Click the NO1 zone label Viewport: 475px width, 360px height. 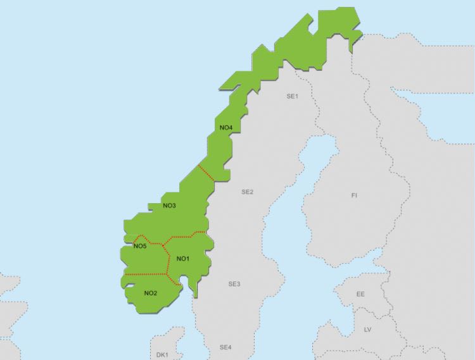coord(182,258)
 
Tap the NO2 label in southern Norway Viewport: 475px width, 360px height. coord(150,292)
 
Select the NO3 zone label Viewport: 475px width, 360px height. coord(169,206)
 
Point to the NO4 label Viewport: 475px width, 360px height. coord(226,128)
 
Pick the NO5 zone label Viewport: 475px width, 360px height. coord(140,246)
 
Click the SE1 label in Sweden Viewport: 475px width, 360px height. coord(292,96)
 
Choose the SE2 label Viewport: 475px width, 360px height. coord(247,192)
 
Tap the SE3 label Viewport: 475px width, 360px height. coord(234,284)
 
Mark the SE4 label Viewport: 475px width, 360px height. coord(225,347)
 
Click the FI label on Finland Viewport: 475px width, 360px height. coord(354,196)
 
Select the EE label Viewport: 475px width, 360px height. coord(360,294)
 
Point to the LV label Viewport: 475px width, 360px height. coord(368,330)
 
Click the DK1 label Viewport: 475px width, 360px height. coord(163,355)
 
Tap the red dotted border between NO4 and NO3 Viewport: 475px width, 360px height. coord(206,173)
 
